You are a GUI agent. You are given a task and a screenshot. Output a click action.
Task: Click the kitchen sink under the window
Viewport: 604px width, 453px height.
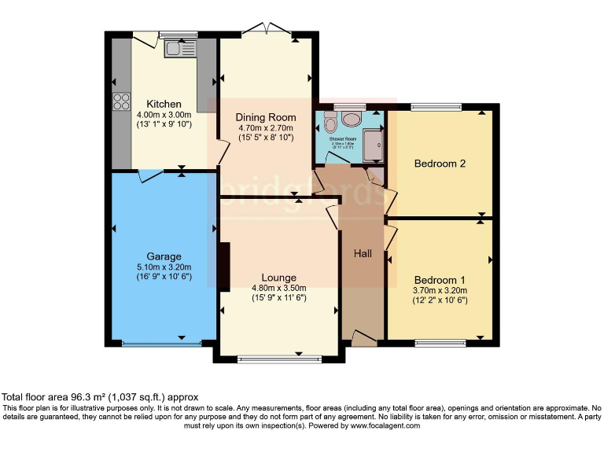[175, 50]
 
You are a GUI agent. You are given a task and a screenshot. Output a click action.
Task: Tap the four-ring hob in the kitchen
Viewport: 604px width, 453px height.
[122, 101]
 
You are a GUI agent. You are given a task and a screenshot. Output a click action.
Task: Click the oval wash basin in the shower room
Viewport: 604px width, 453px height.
[351, 120]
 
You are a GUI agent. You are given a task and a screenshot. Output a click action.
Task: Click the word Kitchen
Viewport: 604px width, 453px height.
[164, 104]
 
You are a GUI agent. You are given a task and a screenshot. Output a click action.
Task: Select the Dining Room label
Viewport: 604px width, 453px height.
[265, 117]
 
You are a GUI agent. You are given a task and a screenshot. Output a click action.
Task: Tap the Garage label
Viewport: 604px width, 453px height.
[164, 256]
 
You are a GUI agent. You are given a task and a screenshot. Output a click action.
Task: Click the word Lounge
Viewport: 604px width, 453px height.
[279, 278]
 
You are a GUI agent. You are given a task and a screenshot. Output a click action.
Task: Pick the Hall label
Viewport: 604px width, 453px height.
[363, 253]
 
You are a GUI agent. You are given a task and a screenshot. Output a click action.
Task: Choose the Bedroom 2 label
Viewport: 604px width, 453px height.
[440, 164]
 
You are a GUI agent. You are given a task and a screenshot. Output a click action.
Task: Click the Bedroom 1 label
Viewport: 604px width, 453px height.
[440, 280]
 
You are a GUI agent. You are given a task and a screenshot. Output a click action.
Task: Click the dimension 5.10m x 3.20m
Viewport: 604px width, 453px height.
[164, 267]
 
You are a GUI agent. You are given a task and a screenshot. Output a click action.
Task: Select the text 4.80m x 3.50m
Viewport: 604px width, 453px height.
[279, 288]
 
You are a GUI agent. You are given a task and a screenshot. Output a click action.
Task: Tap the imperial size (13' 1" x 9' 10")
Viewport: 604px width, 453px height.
[164, 124]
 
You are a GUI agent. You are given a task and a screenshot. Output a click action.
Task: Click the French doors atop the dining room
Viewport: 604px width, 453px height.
[267, 31]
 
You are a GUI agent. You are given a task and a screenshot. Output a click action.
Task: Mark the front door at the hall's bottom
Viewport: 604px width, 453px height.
[363, 338]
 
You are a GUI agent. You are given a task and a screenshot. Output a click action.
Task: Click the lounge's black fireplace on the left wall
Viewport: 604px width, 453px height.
[224, 267]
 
